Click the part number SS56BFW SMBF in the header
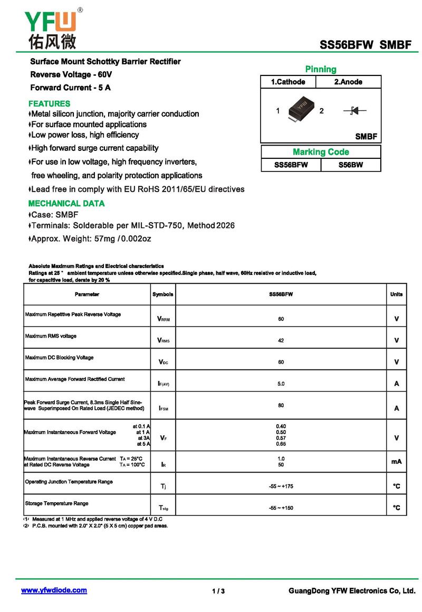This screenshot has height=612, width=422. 365,45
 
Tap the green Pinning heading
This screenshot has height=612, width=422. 320,69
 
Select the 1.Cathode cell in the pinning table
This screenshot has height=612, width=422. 288,82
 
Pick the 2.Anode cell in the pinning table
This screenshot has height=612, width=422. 348,82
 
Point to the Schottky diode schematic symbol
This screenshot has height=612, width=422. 354,111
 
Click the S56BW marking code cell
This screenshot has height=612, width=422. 351,165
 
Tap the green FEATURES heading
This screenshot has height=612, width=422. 49,103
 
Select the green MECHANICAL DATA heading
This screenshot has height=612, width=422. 66,203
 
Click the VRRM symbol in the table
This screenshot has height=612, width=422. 164,319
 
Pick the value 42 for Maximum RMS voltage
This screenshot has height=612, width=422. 281,341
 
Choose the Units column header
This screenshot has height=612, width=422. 396,294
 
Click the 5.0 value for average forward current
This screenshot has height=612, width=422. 281,384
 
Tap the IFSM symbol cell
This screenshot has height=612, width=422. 164,408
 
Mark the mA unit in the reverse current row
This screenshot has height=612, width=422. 396,462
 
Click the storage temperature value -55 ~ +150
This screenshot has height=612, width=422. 281,508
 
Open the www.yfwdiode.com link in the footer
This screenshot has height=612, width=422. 54,590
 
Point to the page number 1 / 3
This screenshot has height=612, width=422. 218,591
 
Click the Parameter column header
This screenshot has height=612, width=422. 87,294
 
